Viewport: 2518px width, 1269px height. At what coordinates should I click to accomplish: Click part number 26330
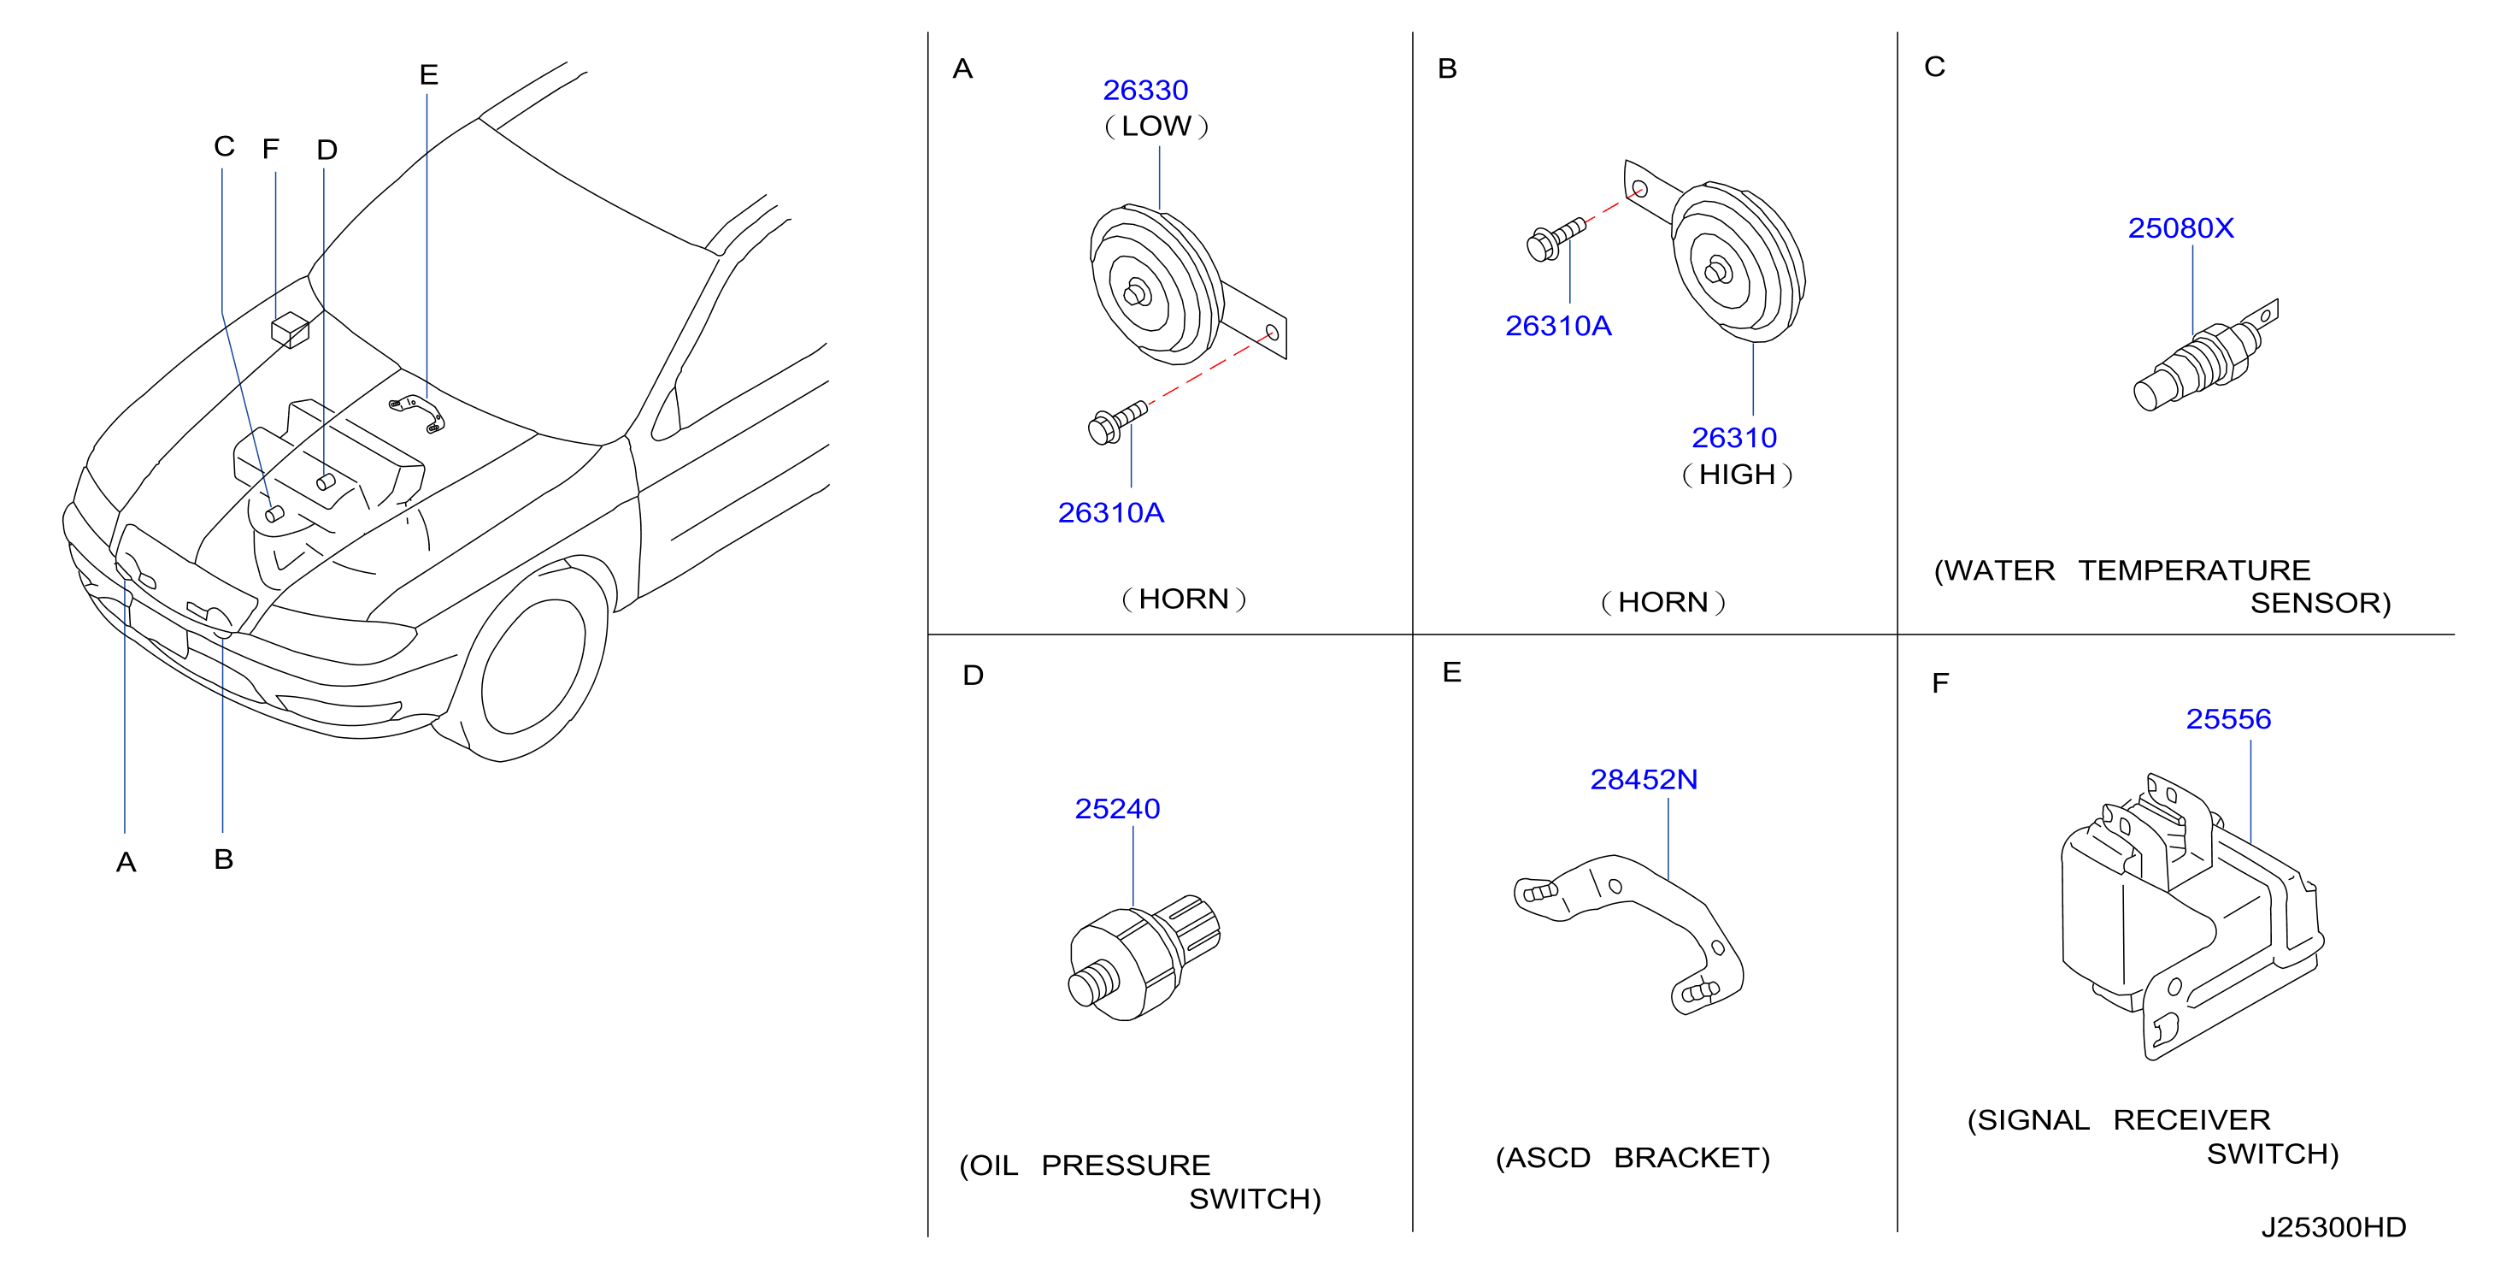1144,90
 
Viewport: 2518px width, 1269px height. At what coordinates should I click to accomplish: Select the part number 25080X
2180,227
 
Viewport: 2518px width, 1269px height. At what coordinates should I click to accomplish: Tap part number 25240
1116,809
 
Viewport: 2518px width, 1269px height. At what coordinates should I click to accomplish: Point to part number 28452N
1643,779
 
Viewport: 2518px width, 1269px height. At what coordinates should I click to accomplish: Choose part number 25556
2227,718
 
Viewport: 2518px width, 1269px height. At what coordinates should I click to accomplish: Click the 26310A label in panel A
1110,512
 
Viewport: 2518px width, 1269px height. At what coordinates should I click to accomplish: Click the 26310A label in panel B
1558,326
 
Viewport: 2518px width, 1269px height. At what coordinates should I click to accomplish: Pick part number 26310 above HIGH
1734,437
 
